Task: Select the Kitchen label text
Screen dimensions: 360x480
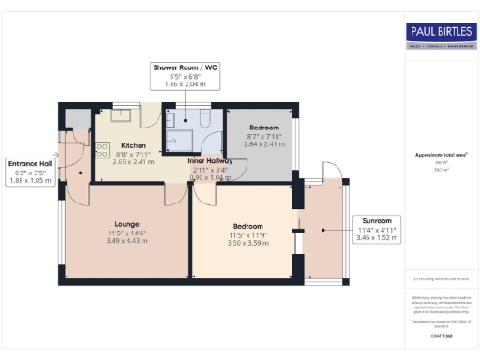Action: pyautogui.click(x=134, y=145)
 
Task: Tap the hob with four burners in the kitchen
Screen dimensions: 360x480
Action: pyautogui.click(x=101, y=150)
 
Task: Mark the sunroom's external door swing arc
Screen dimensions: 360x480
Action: pyautogui.click(x=329, y=172)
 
